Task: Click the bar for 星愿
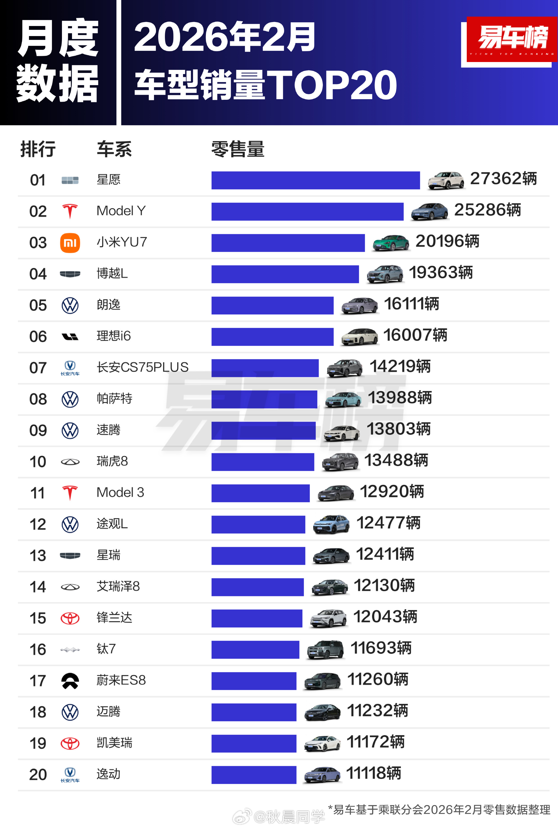[315, 180]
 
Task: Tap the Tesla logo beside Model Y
[70, 211]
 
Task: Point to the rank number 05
[38, 305]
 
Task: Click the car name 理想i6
[114, 336]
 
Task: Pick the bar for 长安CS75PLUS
[265, 368]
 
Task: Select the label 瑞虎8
[112, 461]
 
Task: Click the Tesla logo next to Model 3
[70, 493]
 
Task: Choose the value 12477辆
[388, 523]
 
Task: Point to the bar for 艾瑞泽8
[257, 587]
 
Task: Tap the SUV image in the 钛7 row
[325, 650]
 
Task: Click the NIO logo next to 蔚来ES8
[70, 681]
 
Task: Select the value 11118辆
[373, 773]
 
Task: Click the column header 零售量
[238, 149]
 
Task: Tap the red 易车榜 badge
[512, 39]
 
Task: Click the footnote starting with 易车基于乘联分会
[439, 810]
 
